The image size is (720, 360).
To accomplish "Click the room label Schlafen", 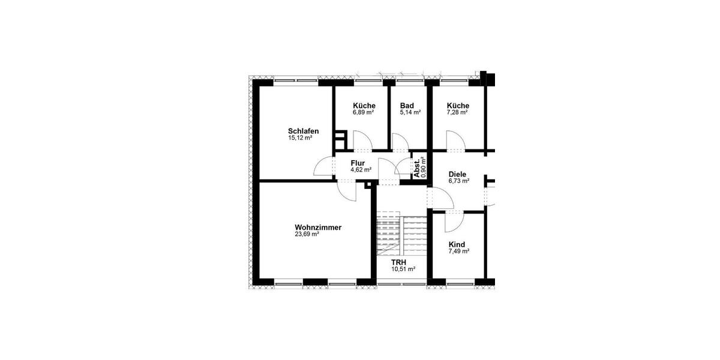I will tap(303, 131).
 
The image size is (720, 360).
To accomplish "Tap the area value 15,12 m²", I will tap(300, 138).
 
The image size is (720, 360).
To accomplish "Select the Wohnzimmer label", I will tap(318, 227).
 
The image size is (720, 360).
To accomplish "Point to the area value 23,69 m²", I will tap(307, 235).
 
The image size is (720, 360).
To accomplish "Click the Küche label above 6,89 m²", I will tap(364, 106).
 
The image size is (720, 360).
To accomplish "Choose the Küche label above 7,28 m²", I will tap(458, 106).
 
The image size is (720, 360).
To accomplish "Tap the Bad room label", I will tap(407, 106).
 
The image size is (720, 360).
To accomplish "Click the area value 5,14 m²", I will tap(410, 112).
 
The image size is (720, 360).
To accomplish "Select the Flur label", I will tap(358, 163).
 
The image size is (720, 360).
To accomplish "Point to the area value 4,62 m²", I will tap(361, 170).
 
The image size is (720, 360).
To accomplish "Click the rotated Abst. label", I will tap(417, 168).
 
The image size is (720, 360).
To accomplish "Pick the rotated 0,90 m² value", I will tap(424, 167).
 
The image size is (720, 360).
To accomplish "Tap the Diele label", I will tap(457, 175).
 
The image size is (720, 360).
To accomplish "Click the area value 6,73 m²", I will tap(459, 181).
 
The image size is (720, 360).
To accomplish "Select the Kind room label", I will tap(457, 245).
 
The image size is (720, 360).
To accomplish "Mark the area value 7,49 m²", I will tap(459, 251).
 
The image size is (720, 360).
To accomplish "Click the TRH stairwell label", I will tap(398, 263).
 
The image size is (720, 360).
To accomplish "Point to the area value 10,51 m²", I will tap(403, 269).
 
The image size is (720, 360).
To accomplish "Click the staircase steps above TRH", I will tap(400, 234).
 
